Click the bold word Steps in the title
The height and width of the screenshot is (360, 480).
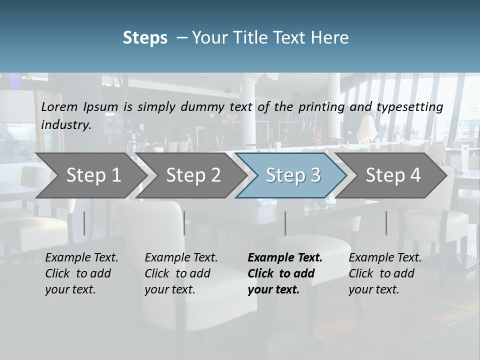tap(145, 38)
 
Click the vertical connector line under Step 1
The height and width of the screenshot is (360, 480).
tap(84, 223)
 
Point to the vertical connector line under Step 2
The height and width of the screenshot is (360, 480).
tap(184, 223)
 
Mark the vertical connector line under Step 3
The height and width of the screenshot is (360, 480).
tap(285, 223)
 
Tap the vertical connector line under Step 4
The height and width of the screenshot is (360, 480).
tap(386, 223)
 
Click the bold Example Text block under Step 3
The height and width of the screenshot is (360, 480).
tap(285, 273)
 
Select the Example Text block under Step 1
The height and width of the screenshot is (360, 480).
tap(81, 273)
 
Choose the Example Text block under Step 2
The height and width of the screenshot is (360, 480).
tap(181, 273)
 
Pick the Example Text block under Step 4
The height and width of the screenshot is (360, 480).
tap(385, 273)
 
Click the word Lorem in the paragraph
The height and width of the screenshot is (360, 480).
tap(57, 107)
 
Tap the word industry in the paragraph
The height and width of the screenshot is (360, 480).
tap(65, 125)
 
